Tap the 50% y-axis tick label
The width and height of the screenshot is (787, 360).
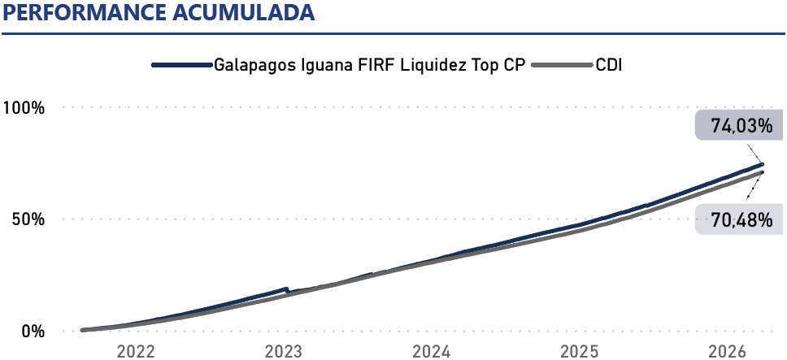tap(28, 219)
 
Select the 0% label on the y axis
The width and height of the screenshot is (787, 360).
tap(33, 332)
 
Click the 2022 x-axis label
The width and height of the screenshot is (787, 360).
tap(136, 351)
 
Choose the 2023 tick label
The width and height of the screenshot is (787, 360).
tap(284, 351)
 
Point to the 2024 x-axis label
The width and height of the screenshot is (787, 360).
tap(432, 351)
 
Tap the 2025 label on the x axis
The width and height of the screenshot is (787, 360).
tap(580, 351)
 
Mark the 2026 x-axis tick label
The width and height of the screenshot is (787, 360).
tap(728, 351)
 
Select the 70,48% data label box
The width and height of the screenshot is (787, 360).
tap(735, 219)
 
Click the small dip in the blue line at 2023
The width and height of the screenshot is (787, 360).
tap(288, 290)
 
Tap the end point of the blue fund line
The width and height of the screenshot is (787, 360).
tap(762, 164)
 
